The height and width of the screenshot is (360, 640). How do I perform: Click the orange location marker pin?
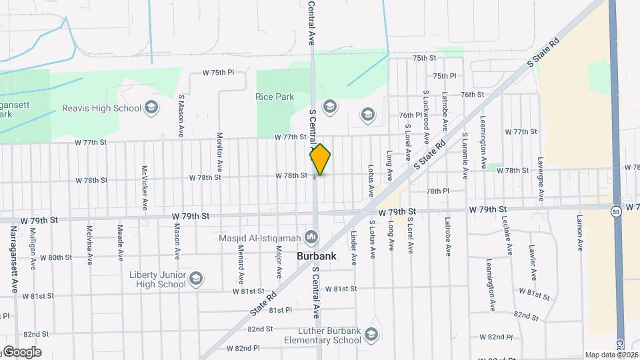321,159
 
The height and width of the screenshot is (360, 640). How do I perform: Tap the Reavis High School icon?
152,108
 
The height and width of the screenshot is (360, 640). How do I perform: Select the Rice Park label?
275,97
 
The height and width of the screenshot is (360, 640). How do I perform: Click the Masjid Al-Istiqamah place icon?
311,237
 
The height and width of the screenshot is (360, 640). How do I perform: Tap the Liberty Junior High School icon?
196,279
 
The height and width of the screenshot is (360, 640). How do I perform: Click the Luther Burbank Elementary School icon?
371,334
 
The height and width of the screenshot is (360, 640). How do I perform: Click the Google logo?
22,352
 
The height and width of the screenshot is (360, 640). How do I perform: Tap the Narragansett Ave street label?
13,259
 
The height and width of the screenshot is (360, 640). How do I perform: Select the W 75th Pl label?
219,72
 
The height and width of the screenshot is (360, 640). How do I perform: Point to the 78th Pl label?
437,191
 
